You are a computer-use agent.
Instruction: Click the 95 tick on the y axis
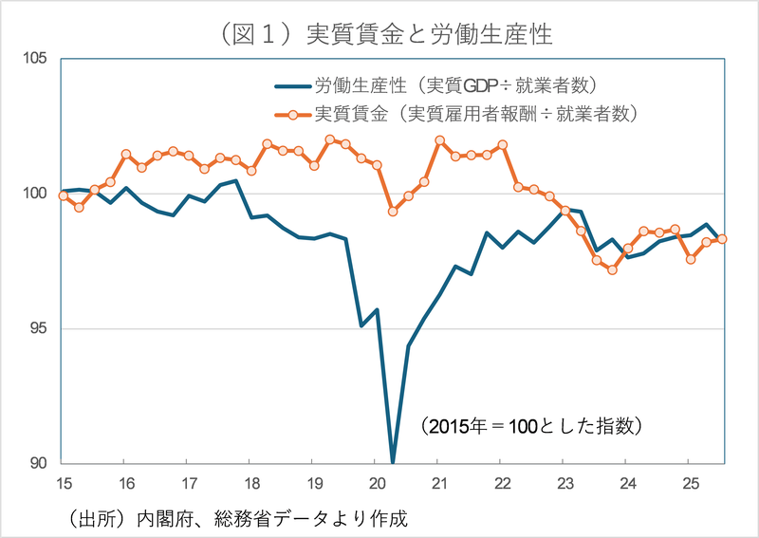point(38,329)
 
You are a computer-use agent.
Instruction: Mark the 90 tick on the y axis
point(38,463)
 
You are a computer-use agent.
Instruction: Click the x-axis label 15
point(63,482)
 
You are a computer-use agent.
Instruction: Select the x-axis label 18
point(250,482)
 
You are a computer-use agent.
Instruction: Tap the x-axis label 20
point(376,482)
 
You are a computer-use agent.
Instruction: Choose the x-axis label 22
point(501,482)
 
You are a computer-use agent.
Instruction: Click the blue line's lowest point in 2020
point(393,462)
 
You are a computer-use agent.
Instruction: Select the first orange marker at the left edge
point(63,195)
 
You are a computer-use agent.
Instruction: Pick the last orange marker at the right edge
point(722,239)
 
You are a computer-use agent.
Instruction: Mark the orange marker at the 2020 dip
point(393,212)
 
